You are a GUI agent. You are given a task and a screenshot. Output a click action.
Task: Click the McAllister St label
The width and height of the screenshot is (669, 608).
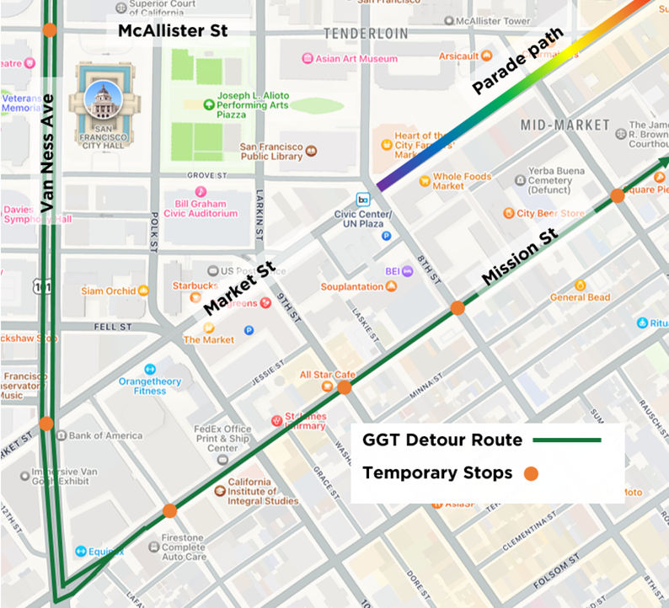click(x=173, y=31)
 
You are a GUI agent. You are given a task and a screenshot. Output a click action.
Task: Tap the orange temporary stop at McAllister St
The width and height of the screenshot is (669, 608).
click(x=50, y=30)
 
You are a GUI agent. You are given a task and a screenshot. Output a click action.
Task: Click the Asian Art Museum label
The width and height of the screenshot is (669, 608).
click(x=356, y=59)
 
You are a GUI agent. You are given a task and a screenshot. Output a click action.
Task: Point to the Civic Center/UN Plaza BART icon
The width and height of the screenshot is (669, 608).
click(x=364, y=200)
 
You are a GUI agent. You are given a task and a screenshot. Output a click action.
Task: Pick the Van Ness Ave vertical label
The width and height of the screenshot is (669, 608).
click(x=48, y=155)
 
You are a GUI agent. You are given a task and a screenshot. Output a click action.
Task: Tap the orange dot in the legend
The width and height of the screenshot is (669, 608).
click(x=531, y=474)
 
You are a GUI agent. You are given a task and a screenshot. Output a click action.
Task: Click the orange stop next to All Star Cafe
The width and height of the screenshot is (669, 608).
click(x=345, y=387)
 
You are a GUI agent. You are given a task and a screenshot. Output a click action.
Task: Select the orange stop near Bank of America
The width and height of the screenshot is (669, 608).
click(x=46, y=424)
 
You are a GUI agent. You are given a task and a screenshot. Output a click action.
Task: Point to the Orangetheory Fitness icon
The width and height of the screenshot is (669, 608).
click(x=150, y=369)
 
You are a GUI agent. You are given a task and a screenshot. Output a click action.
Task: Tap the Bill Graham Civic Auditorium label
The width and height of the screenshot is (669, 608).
click(x=206, y=208)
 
